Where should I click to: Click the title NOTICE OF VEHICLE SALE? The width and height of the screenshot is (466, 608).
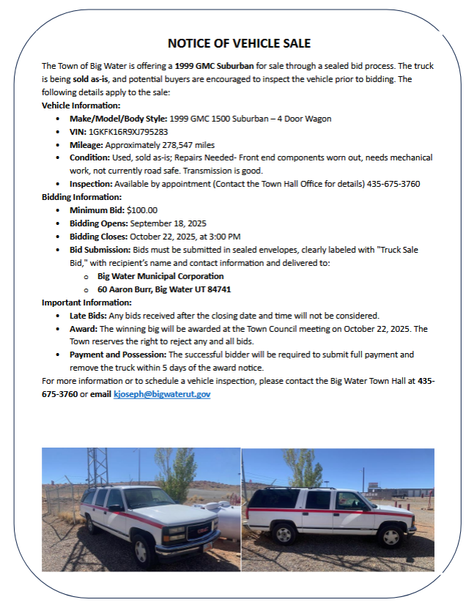coord(234,43)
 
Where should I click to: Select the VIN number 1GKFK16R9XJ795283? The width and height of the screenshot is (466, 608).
coord(128,131)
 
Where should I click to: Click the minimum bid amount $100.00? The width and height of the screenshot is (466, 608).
coord(142,210)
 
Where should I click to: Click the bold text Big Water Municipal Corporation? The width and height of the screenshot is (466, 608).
coord(160,276)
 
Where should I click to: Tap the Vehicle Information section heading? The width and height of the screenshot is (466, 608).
coord(81,105)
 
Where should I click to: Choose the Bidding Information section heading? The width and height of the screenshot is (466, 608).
coord(81,197)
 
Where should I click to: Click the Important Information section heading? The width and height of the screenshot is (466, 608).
coord(86,303)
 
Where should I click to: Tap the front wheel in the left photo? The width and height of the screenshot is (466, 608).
coord(141,549)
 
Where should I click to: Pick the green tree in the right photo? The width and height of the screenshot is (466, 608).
coord(306,469)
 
